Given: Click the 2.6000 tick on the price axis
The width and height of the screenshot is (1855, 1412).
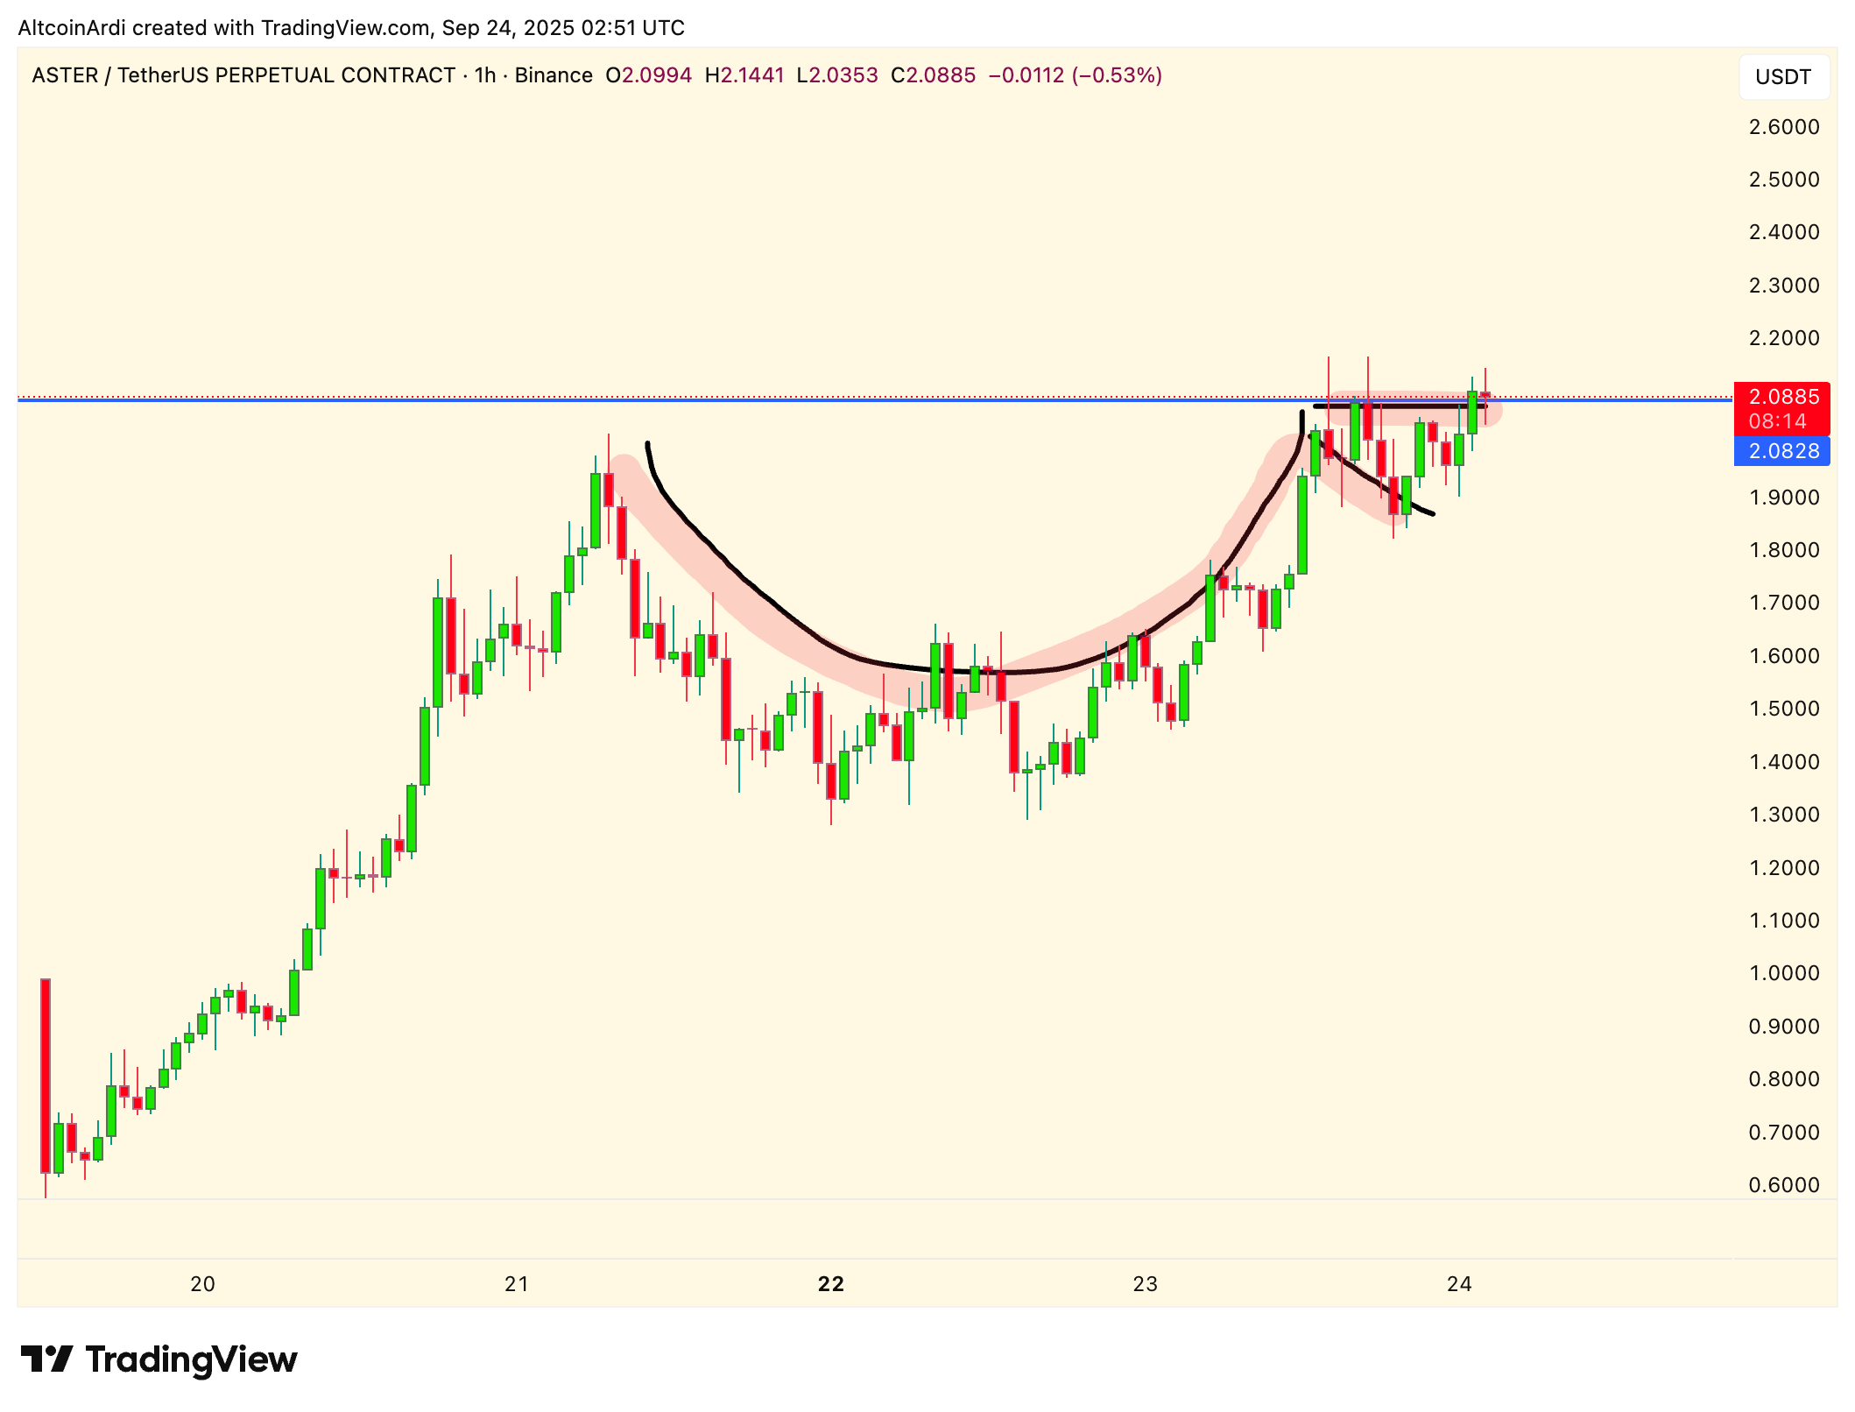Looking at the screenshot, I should [x=1783, y=127].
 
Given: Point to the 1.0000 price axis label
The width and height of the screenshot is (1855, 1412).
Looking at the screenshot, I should [x=1783, y=973].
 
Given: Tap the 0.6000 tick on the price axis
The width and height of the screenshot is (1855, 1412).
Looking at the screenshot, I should [x=1783, y=1185].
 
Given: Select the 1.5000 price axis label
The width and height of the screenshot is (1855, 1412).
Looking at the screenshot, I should [x=1783, y=709].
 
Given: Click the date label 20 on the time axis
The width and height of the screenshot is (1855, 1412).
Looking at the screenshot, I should [x=202, y=1284].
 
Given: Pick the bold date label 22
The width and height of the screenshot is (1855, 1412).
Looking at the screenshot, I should [x=830, y=1284].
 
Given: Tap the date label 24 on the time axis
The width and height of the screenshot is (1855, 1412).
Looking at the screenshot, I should [x=1459, y=1284].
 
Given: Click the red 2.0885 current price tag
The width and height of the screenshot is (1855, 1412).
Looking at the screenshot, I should [x=1783, y=397].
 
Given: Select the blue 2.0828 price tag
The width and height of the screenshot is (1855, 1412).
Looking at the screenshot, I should [x=1783, y=451].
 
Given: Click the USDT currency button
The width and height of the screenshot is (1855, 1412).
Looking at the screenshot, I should [x=1783, y=77].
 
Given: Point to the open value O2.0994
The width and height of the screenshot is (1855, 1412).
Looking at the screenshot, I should [x=648, y=75].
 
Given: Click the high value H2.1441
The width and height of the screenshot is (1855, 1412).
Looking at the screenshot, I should [x=744, y=75].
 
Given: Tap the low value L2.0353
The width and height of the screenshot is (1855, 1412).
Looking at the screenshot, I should [x=836, y=75].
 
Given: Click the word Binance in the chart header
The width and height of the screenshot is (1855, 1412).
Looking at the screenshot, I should [x=554, y=75].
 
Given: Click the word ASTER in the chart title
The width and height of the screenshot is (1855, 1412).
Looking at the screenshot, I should [x=64, y=75].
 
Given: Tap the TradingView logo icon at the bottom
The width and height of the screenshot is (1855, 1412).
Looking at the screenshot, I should [x=46, y=1359].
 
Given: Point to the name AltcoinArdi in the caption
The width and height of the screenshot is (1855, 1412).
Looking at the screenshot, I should [x=73, y=28].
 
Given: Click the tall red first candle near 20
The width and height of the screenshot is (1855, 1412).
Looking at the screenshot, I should [x=46, y=1076].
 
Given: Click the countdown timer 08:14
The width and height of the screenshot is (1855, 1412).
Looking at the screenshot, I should [x=1777, y=421].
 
